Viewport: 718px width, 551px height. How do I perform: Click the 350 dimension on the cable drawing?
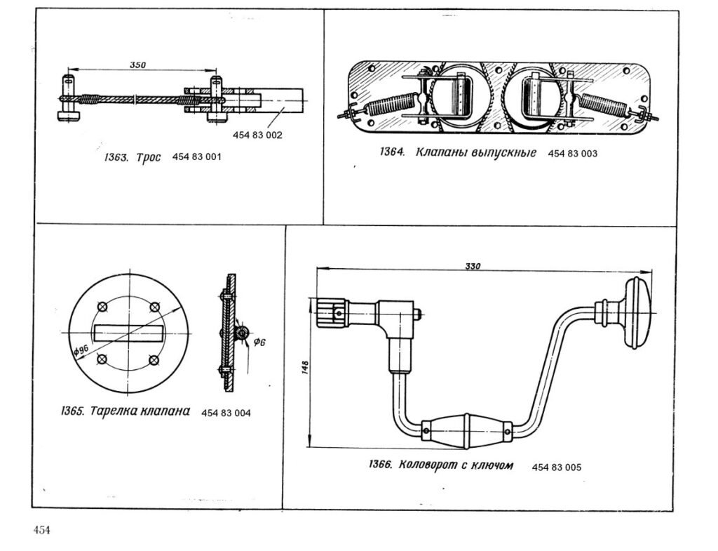tap(137, 65)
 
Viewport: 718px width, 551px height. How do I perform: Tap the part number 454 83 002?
tap(259, 135)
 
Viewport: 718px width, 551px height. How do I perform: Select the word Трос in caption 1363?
tap(148, 158)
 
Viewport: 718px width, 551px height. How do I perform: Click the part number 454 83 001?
tap(196, 157)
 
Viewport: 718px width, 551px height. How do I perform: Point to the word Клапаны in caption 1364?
tap(442, 152)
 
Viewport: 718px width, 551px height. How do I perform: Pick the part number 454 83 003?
tap(572, 153)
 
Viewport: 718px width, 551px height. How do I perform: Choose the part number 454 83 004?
tap(226, 413)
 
